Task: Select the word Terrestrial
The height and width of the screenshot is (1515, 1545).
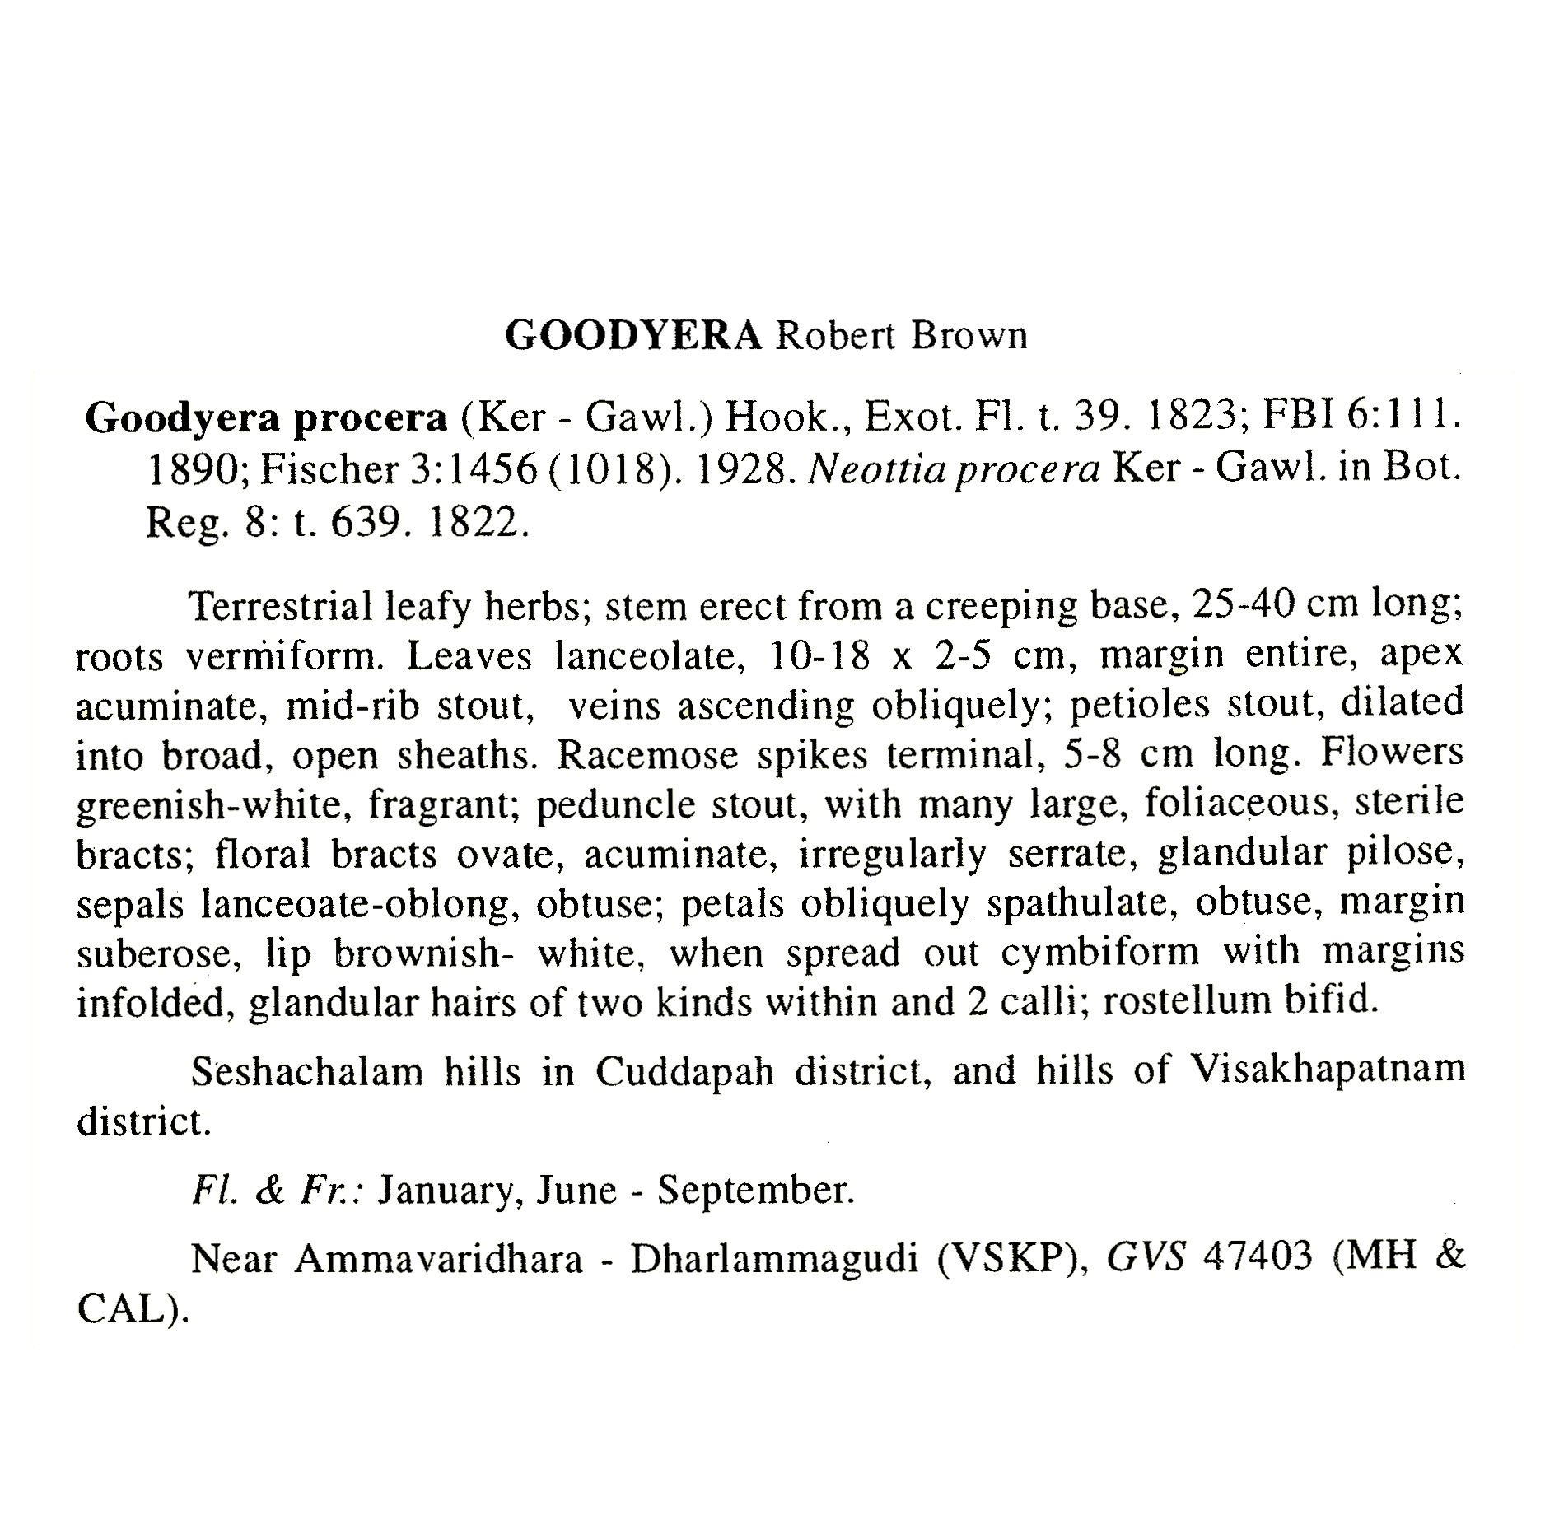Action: [x=280, y=607]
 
